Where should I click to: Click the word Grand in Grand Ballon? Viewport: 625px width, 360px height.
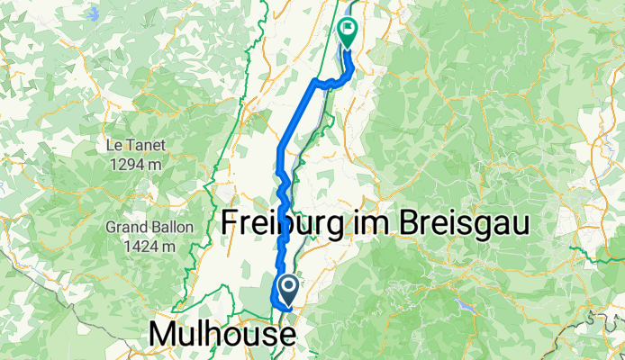[125, 226]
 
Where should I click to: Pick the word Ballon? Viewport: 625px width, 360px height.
[171, 226]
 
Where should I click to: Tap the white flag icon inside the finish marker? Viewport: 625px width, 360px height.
[348, 29]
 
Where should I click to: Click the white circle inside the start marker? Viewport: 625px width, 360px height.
[289, 286]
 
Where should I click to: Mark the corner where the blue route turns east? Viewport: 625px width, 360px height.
[314, 82]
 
